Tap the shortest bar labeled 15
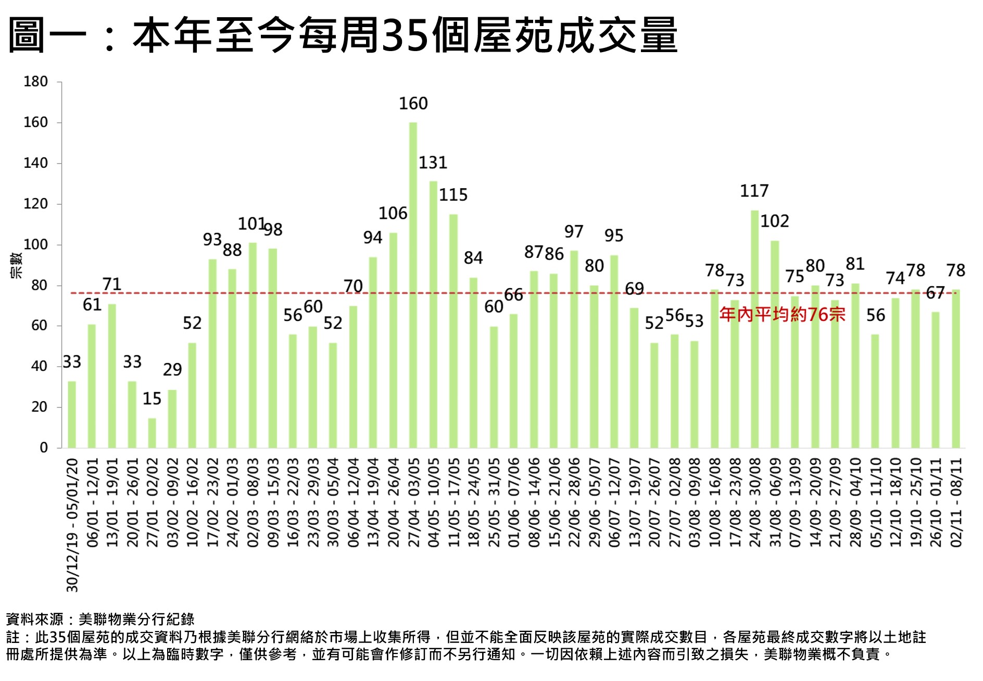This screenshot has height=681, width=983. (152, 433)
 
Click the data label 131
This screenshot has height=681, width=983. (433, 163)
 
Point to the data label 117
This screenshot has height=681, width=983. (754, 191)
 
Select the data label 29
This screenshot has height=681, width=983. (172, 370)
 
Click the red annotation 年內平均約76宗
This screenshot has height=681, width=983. (782, 315)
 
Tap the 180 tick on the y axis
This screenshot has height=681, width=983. (35, 82)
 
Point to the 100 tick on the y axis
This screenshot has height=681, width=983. (35, 244)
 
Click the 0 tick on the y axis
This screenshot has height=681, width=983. (43, 448)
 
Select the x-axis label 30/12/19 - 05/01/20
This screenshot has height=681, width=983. (72, 525)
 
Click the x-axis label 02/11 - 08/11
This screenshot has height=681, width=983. (956, 503)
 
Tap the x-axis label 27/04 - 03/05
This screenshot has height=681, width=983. (413, 503)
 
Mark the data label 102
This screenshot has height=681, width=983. (775, 221)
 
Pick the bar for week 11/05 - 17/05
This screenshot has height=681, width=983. (453, 331)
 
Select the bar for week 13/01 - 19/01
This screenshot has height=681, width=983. (112, 376)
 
